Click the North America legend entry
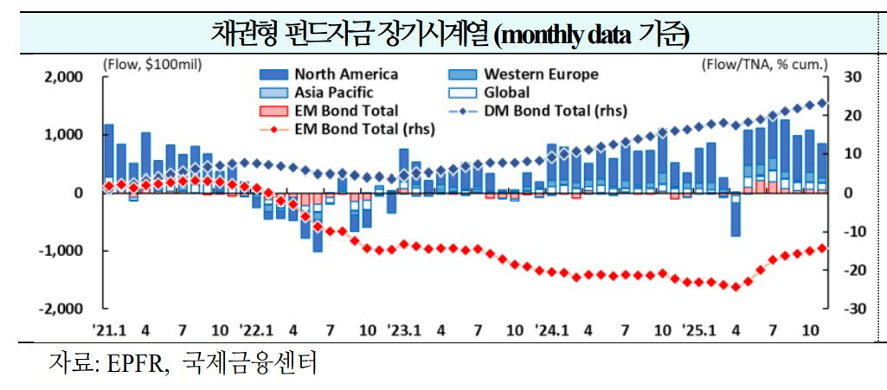[346, 74]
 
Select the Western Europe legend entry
[540, 74]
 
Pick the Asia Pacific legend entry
[334, 93]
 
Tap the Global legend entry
[506, 93]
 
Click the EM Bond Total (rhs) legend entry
[364, 129]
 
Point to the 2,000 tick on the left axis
[64, 77]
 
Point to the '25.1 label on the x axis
[697, 330]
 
